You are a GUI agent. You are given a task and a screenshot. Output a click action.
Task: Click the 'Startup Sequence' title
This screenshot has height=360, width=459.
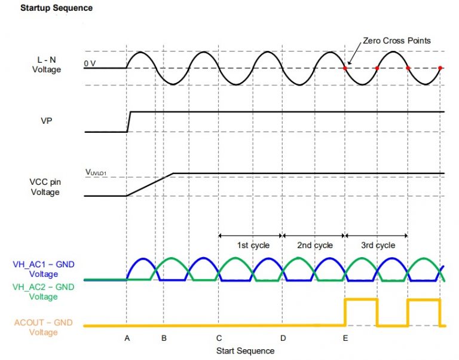pyautogui.click(x=57, y=9)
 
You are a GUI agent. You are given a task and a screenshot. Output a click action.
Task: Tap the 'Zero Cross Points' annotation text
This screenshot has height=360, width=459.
pyautogui.click(x=397, y=41)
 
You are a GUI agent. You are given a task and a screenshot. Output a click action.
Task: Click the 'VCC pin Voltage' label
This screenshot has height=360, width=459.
pyautogui.click(x=45, y=187)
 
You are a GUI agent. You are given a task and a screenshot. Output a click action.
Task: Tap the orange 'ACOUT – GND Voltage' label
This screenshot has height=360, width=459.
pyautogui.click(x=44, y=327)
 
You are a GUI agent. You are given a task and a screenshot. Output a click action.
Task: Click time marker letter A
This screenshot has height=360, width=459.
pyautogui.click(x=127, y=338)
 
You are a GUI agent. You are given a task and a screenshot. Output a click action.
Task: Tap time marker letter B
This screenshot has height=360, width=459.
pyautogui.click(x=164, y=338)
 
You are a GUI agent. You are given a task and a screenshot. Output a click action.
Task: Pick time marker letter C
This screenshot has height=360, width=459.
pyautogui.click(x=219, y=338)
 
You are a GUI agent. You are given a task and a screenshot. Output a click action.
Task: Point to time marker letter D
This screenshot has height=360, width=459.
pyautogui.click(x=283, y=338)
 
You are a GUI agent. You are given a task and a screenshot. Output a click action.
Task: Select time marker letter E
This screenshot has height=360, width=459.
pyautogui.click(x=345, y=338)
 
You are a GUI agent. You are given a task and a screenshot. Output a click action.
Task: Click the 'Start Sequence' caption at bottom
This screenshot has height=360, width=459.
pyautogui.click(x=245, y=350)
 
